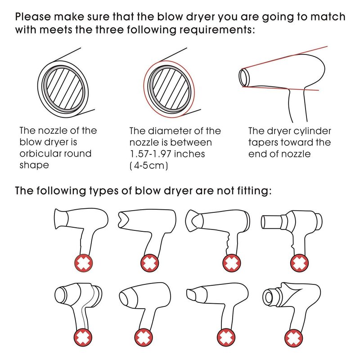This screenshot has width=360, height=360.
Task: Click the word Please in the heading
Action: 33,17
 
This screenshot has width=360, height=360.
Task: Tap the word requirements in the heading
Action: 216,30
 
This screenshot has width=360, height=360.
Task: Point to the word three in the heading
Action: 109,30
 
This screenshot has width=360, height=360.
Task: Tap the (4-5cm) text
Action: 149,165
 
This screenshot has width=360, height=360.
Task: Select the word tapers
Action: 262,143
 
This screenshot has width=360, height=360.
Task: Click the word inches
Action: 189,154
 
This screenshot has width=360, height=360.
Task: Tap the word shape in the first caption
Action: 34,165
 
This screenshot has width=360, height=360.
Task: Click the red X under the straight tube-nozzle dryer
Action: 299,263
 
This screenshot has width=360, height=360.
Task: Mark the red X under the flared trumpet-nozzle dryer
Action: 84,263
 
